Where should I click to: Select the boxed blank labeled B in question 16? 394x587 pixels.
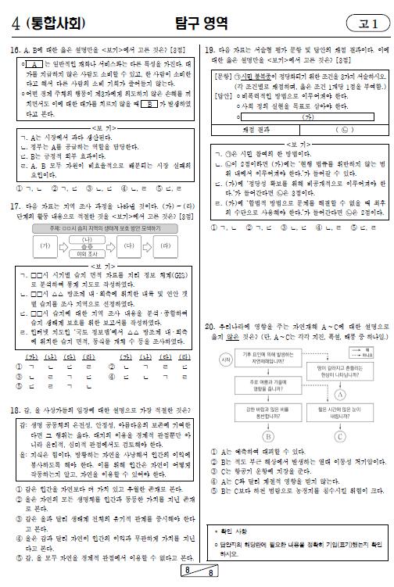point(143,103)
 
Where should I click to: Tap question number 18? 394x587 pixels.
point(15,410)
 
